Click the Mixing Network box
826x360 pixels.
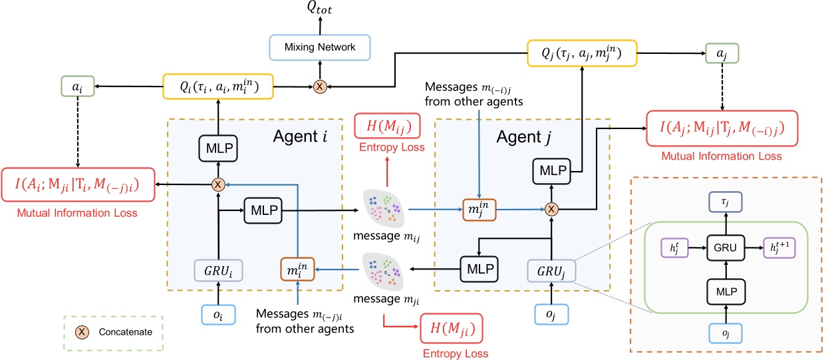pyautogui.click(x=319, y=47)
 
